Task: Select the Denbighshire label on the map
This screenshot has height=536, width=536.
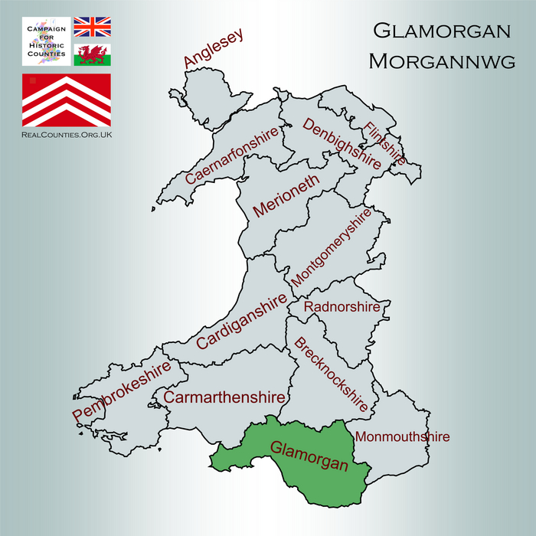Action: (x=342, y=143)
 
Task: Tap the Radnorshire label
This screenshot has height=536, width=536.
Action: (x=342, y=307)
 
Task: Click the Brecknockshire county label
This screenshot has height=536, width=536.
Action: (x=331, y=374)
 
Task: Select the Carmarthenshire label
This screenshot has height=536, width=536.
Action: (x=224, y=398)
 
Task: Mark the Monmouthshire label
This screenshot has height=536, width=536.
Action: (x=401, y=437)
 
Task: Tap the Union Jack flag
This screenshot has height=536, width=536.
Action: (x=92, y=28)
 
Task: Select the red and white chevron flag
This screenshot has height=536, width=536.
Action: (x=66, y=100)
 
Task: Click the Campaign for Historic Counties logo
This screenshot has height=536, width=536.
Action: (x=45, y=41)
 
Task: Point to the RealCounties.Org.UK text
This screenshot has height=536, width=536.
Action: (x=66, y=134)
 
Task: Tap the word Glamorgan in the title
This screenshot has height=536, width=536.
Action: (x=442, y=31)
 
